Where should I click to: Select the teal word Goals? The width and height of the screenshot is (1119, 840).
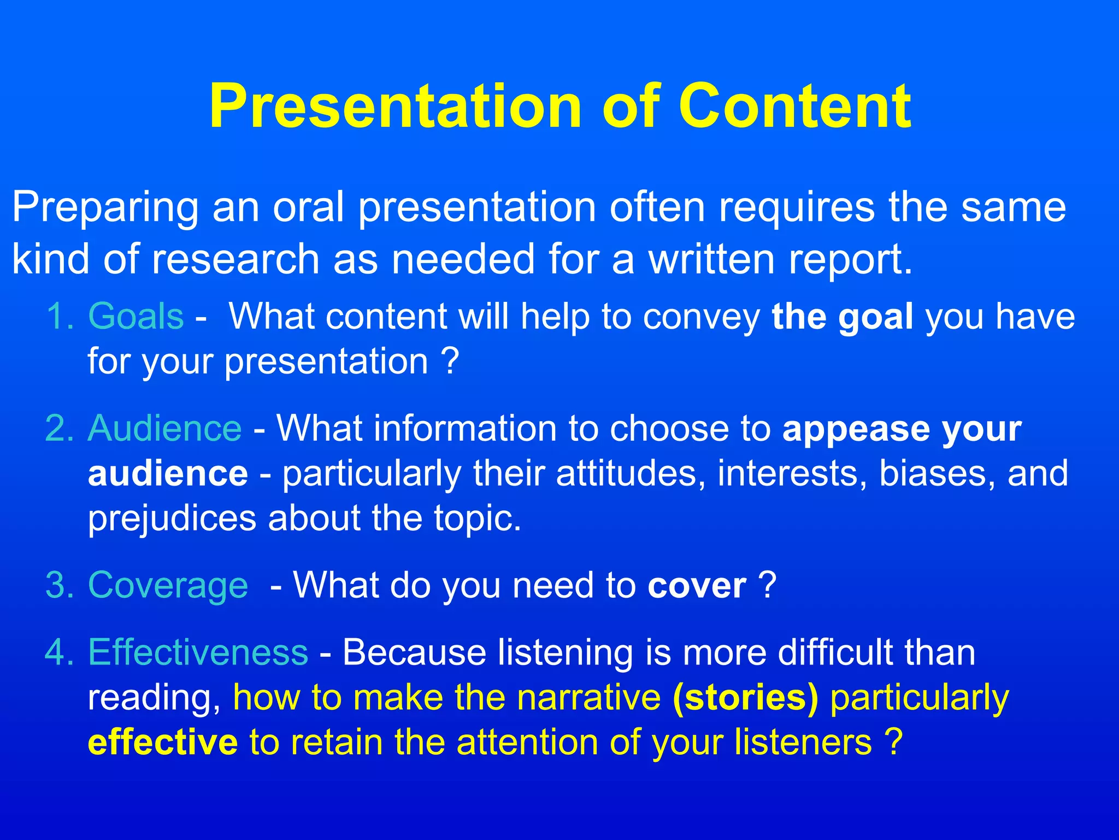(136, 317)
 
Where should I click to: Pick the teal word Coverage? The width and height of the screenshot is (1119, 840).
(168, 586)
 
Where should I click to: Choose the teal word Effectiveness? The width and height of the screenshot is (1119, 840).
(198, 652)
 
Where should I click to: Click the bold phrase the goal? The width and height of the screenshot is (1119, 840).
(842, 317)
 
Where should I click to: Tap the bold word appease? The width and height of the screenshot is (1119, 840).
(856, 429)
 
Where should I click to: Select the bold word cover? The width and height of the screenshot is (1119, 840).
(697, 586)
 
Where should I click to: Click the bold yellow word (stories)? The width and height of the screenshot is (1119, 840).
(745, 698)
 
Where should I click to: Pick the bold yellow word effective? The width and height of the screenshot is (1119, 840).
(163, 743)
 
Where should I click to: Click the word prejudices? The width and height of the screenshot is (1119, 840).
(172, 518)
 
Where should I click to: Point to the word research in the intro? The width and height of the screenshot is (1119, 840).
(235, 259)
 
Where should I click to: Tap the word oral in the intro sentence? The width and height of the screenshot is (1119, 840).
(308, 208)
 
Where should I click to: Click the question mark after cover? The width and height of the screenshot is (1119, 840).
(767, 586)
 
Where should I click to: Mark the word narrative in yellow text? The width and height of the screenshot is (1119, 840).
(588, 698)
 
